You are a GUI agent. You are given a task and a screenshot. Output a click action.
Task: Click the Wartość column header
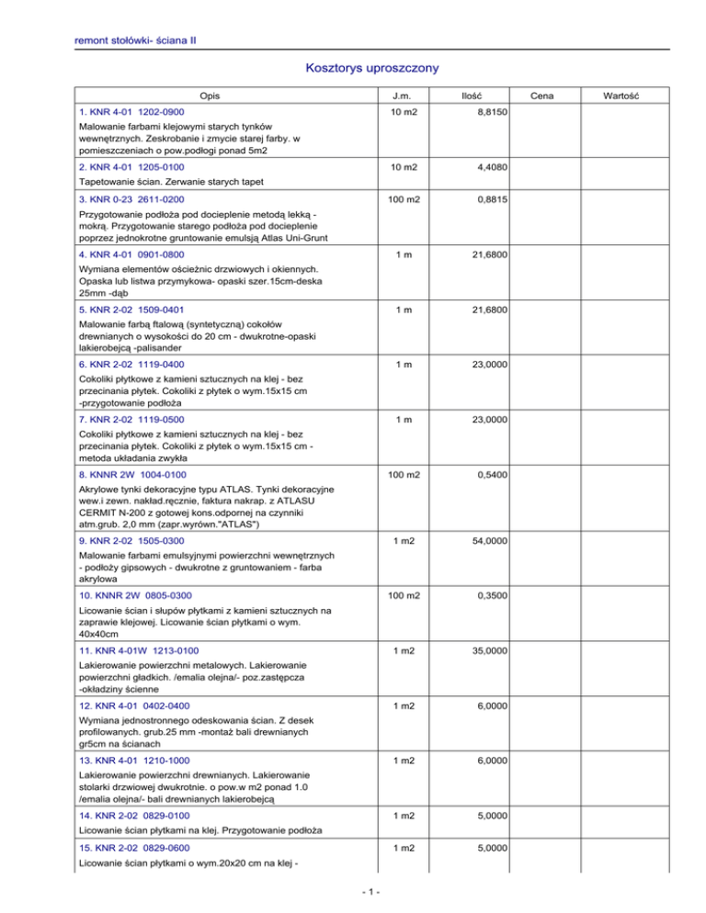coord(635,96)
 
